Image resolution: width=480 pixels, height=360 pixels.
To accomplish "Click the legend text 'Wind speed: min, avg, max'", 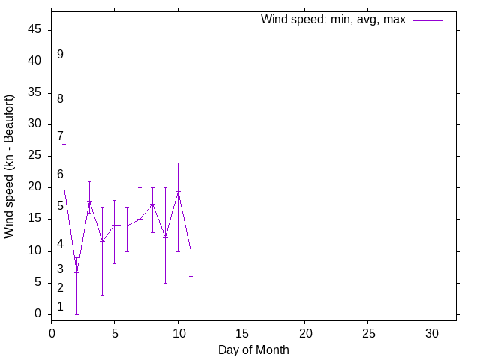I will [x=332, y=20].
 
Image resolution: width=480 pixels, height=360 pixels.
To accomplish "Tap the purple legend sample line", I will [x=427, y=20].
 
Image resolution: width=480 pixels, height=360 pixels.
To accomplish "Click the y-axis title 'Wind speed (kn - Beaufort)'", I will [x=9, y=166].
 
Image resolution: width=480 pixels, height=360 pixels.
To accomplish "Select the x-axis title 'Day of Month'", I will [x=253, y=349].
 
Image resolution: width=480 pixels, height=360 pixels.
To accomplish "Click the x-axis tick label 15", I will [x=241, y=331].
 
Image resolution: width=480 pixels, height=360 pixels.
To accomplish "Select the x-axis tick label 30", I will [x=431, y=331].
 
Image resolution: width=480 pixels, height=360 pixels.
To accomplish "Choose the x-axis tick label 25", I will [x=368, y=331].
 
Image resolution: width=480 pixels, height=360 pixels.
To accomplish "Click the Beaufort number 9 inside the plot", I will [x=60, y=55].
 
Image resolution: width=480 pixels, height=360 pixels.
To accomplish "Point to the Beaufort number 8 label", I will [x=60, y=99].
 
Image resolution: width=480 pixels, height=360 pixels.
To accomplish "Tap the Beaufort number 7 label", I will [x=60, y=136].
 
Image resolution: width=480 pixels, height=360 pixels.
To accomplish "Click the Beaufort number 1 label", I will [x=60, y=307].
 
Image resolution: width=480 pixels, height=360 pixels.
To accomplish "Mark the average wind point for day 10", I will [x=178, y=192].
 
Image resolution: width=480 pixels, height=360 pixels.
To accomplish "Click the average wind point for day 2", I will [x=76, y=271].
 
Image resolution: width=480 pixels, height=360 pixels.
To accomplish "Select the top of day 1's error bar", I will [x=64, y=144].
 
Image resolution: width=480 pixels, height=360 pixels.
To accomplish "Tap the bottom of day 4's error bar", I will [x=102, y=295].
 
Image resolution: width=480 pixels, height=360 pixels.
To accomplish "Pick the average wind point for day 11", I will [x=190, y=250].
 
